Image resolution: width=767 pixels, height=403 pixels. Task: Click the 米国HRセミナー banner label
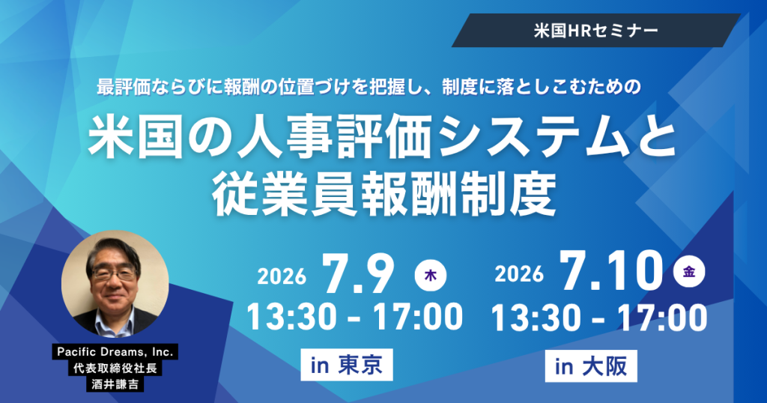pyautogui.click(x=595, y=31)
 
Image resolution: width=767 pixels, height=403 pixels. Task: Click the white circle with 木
pyautogui.click(x=431, y=276)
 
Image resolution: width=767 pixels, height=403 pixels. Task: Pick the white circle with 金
pyautogui.click(x=689, y=271)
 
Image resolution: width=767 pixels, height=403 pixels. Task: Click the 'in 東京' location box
pyautogui.click(x=346, y=365)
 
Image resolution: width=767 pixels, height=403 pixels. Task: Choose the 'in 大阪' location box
pyautogui.click(x=591, y=366)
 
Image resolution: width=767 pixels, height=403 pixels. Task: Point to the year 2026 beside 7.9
pyautogui.click(x=282, y=277)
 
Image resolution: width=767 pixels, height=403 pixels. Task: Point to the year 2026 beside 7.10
pyautogui.click(x=519, y=273)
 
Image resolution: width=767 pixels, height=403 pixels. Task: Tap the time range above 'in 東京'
pyautogui.click(x=354, y=317)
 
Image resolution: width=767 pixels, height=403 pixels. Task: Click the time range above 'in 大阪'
pyautogui.click(x=598, y=318)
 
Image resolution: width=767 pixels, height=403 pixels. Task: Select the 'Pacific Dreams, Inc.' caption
pyautogui.click(x=115, y=351)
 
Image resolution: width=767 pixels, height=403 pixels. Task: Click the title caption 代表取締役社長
pyautogui.click(x=115, y=368)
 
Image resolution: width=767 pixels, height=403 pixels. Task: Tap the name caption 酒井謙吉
pyautogui.click(x=115, y=384)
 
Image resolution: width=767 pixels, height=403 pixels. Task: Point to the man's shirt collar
pyautogui.click(x=115, y=318)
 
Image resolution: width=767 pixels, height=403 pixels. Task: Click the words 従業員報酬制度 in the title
pyautogui.click(x=384, y=194)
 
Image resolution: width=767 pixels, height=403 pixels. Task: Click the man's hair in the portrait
pyautogui.click(x=112, y=250)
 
